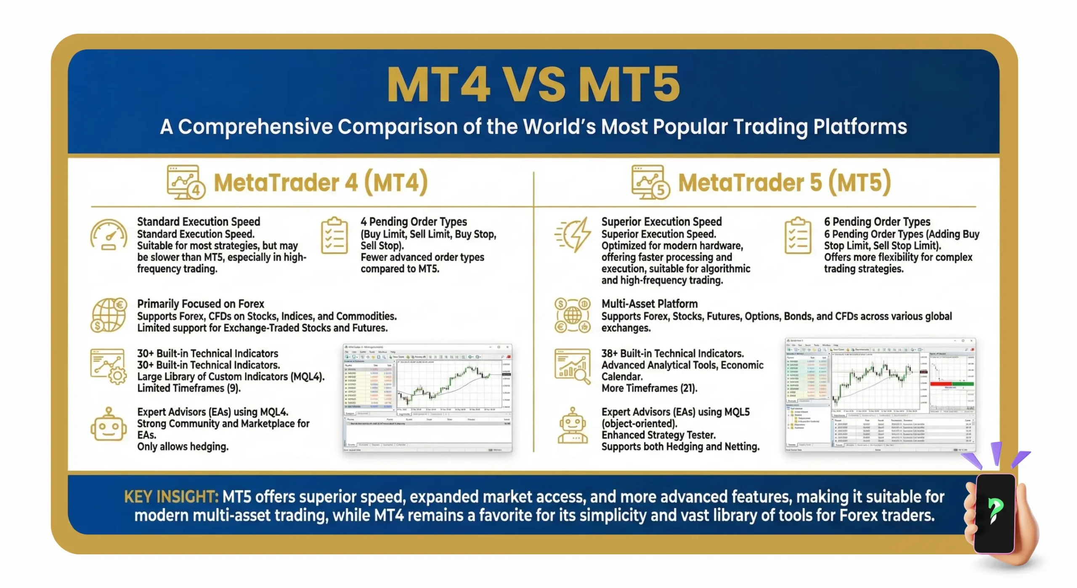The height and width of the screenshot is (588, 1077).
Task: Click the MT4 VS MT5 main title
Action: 533,84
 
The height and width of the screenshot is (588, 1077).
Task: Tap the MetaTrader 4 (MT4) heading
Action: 321,183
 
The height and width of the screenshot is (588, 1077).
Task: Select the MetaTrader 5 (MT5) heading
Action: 785,183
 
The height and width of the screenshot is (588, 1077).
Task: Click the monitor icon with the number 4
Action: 186,182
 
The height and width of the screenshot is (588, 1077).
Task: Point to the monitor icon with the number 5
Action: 650,182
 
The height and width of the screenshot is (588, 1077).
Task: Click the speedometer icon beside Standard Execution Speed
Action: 109,235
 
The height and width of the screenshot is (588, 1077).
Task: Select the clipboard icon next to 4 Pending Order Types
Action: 334,235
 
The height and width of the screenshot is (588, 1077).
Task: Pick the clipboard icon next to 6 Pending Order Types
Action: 798,235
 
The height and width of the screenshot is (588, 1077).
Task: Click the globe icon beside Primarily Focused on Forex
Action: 109,315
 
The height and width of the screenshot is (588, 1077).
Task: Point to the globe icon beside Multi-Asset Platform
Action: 573,315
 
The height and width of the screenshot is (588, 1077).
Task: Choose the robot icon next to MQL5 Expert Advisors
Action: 573,425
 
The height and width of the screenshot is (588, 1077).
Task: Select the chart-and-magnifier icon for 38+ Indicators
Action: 573,366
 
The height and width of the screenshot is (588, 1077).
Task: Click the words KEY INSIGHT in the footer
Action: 171,497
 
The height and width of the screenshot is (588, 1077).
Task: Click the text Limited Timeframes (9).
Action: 189,388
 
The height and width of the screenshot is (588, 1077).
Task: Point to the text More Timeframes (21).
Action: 649,388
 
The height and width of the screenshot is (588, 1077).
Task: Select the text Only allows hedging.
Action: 183,447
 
